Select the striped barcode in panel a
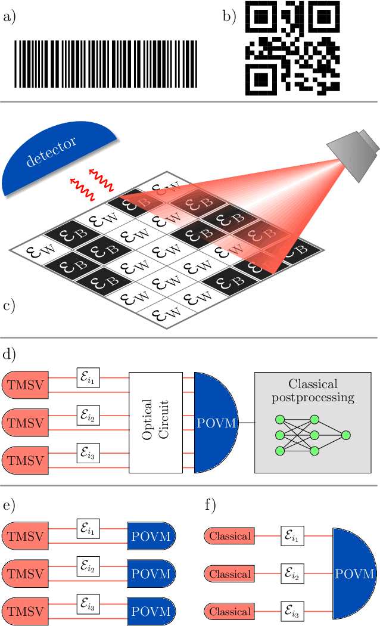(105, 66)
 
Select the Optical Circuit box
(155, 422)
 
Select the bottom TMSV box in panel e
(26, 611)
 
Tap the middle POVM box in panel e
(150, 574)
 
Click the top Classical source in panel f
(229, 536)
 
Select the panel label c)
(10, 306)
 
